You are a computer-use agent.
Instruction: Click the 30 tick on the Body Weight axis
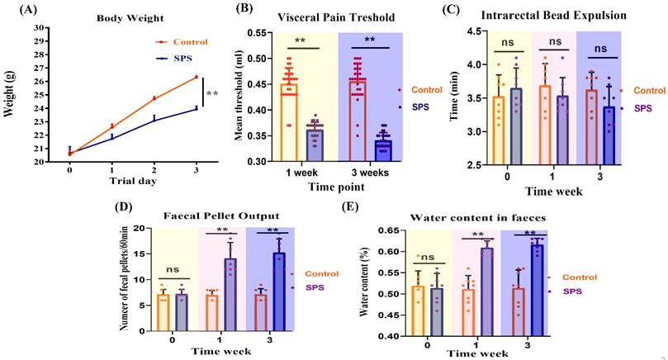coord(40,27)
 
